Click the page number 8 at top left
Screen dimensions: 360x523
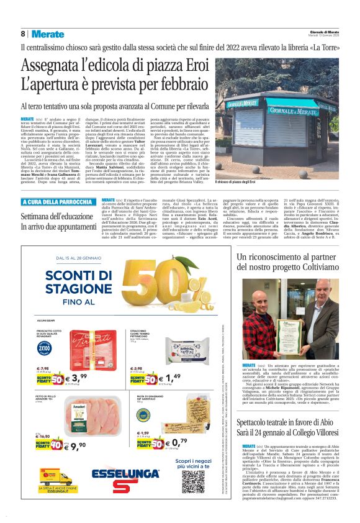[22, 34]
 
